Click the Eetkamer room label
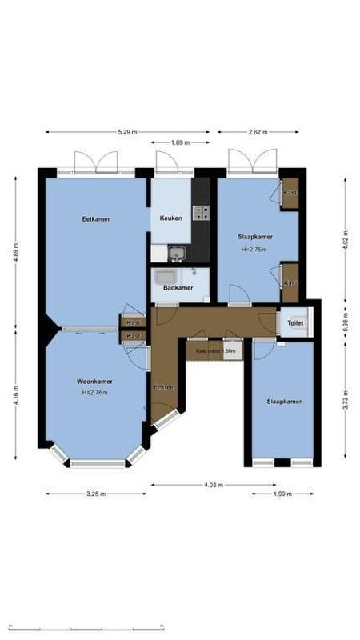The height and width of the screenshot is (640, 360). click(95, 218)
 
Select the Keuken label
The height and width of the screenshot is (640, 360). click(170, 218)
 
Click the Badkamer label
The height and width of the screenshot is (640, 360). click(178, 286)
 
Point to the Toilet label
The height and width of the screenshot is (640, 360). click(295, 323)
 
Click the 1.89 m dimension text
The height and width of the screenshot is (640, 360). click(181, 142)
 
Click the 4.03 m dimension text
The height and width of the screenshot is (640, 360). click(213, 484)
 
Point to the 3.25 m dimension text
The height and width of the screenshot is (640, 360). click(96, 494)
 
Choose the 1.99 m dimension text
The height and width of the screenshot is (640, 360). click(282, 494)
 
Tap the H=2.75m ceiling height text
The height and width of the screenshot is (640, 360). click(254, 249)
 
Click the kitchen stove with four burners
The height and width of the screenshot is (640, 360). click(202, 213)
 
